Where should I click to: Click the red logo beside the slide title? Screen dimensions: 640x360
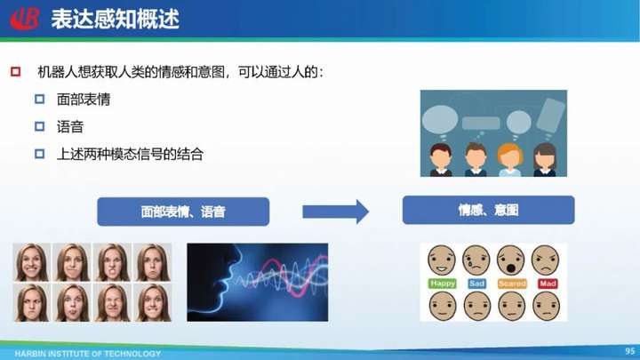click(x=25, y=19)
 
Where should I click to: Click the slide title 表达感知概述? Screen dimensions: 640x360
click(x=115, y=20)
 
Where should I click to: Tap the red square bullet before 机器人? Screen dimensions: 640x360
click(x=15, y=72)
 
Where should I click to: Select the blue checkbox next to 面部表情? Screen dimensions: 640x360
click(x=40, y=100)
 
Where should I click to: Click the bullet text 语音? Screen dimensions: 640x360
click(x=70, y=127)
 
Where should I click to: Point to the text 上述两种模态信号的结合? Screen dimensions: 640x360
click(x=130, y=155)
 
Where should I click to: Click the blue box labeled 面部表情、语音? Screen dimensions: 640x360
click(x=183, y=212)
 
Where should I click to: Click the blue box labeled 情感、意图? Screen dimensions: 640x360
click(x=489, y=210)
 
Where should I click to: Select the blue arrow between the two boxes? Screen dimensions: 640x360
click(x=335, y=212)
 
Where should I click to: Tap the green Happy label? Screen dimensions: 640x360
click(x=443, y=284)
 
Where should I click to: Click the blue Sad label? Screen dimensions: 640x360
click(x=476, y=284)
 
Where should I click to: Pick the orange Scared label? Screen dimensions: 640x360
click(x=512, y=284)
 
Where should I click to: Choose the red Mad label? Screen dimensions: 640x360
click(x=548, y=284)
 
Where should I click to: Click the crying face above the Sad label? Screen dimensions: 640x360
click(x=476, y=260)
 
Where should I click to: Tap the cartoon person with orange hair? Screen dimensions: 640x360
click(x=510, y=159)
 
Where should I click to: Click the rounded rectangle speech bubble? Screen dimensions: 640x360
click(x=481, y=124)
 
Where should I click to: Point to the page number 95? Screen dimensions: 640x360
click(x=630, y=351)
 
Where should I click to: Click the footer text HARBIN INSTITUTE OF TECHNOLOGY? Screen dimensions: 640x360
click(x=88, y=354)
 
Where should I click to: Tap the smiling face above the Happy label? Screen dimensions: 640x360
click(x=442, y=260)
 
